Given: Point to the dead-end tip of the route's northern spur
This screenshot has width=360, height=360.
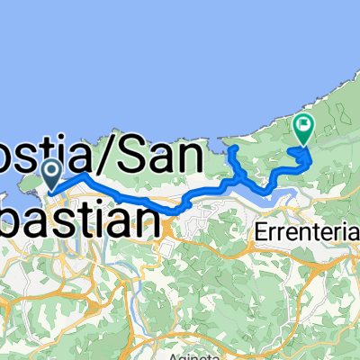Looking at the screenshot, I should [x=231, y=147].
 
